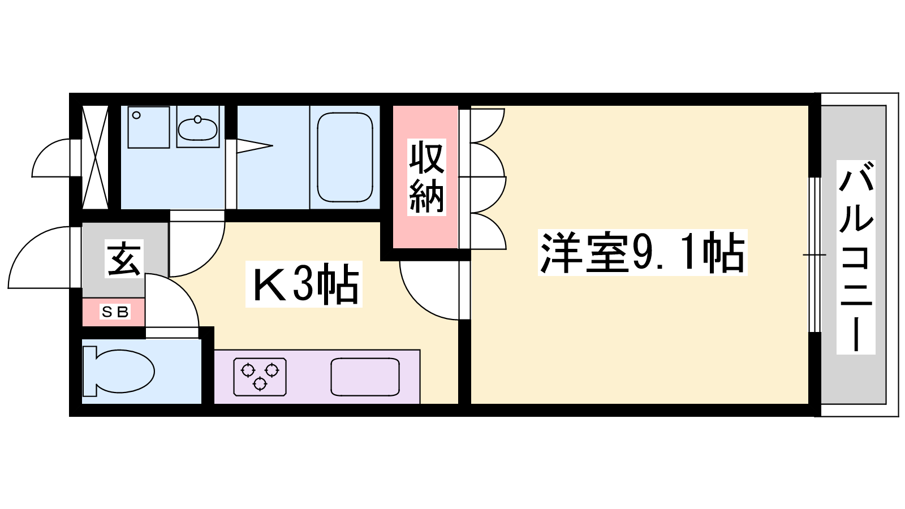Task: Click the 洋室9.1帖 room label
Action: coord(643,252)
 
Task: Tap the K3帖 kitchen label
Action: coord(304,284)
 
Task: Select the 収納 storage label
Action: coord(426,177)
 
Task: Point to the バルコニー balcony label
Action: coord(856,257)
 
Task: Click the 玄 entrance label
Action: coord(124,258)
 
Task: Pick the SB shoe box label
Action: coord(115,312)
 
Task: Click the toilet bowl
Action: coord(118,371)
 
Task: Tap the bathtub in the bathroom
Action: coord(345,157)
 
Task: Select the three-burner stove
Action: coord(260,377)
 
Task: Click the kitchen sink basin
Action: coord(365,377)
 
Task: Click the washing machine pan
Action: coord(149,127)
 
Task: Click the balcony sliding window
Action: coord(815,255)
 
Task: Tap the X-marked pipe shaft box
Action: coord(95,157)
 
